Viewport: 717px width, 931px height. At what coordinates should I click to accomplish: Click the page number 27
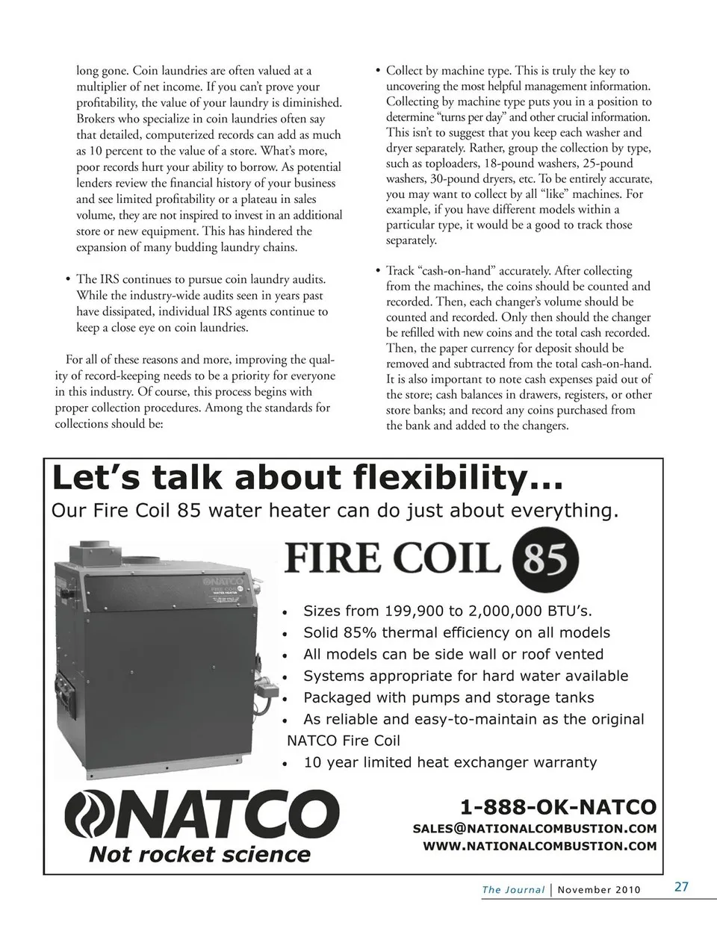(x=681, y=887)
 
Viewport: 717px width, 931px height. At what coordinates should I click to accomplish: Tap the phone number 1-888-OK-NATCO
(x=559, y=807)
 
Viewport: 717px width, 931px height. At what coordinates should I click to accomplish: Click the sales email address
(x=535, y=828)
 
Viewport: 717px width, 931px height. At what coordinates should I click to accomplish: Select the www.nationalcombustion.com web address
(x=540, y=846)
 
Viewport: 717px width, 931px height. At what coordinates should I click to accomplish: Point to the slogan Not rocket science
(x=199, y=855)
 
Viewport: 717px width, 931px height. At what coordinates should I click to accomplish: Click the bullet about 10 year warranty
(x=450, y=762)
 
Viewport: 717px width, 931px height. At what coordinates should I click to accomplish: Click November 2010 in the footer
(x=599, y=889)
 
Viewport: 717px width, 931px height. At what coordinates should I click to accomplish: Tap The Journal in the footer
(x=513, y=889)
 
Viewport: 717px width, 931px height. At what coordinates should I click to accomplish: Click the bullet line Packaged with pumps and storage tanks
(x=448, y=697)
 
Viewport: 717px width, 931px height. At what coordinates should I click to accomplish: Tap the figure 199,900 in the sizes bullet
(x=414, y=611)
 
